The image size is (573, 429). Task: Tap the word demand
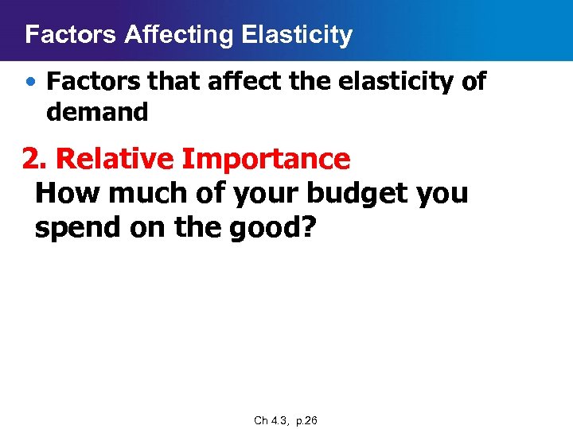97,113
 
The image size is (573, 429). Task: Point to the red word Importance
266,159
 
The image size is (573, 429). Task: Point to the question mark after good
309,227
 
